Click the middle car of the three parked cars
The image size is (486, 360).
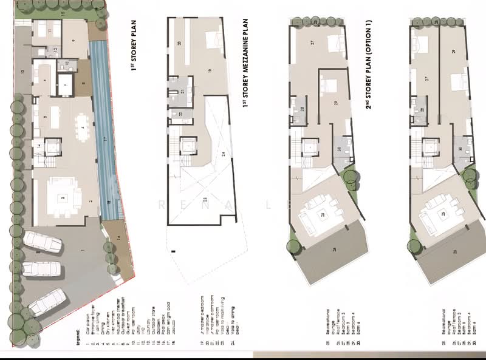click(x=41, y=269)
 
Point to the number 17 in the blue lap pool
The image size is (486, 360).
click(x=104, y=140)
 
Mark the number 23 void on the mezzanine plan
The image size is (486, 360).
click(x=204, y=199)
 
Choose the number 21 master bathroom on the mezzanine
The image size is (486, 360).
click(x=182, y=91)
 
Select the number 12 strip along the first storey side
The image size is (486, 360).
click(x=22, y=72)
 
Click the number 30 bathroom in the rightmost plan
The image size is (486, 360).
click(x=461, y=148)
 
